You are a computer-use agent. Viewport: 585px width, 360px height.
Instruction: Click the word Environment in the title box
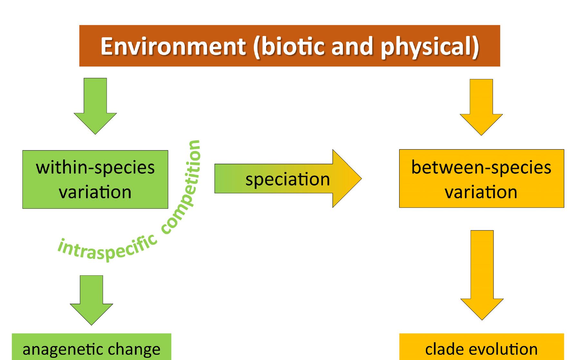coord(173,46)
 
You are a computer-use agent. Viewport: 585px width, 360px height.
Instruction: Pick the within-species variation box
coord(95,179)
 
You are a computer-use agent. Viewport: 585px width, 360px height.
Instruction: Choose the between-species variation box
coord(481,178)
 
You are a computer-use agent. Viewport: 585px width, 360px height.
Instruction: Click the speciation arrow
coord(287,179)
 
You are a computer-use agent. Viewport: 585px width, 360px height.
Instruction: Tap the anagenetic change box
coord(91,348)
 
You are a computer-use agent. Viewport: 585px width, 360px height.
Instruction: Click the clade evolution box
coord(481,348)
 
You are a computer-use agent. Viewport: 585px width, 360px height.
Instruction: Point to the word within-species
coord(95,167)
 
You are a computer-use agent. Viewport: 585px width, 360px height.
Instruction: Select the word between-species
coord(481,167)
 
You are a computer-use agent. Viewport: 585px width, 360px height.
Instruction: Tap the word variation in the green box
coord(95,192)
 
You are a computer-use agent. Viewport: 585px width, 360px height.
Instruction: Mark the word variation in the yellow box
coord(481,192)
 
